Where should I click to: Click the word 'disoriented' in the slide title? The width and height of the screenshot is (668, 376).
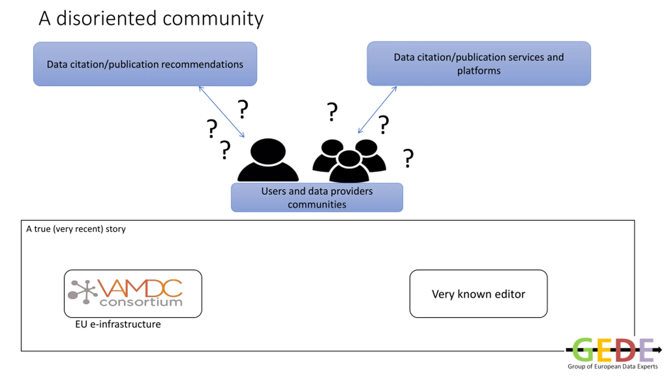point(106,19)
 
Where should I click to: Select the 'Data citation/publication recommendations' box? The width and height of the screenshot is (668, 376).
point(145,64)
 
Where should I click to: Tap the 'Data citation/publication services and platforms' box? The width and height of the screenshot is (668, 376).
point(479,63)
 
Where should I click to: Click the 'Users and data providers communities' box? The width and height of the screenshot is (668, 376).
point(317,198)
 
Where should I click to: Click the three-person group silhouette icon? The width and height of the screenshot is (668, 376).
point(349,161)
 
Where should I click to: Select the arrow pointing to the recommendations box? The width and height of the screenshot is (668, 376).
point(222,112)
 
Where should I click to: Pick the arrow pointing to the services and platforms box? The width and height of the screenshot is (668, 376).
point(377,110)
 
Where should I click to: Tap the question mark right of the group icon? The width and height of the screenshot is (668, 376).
point(408,158)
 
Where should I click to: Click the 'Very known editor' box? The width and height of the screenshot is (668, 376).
point(478,294)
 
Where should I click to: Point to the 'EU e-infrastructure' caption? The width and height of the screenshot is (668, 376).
point(118,324)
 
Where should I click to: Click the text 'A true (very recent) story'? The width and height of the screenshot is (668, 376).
point(76,229)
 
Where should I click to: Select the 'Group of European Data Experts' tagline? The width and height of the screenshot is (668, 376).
point(613,367)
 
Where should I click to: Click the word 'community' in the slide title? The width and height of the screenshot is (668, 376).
point(213,19)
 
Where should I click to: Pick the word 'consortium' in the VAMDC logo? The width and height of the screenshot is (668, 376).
point(141,302)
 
